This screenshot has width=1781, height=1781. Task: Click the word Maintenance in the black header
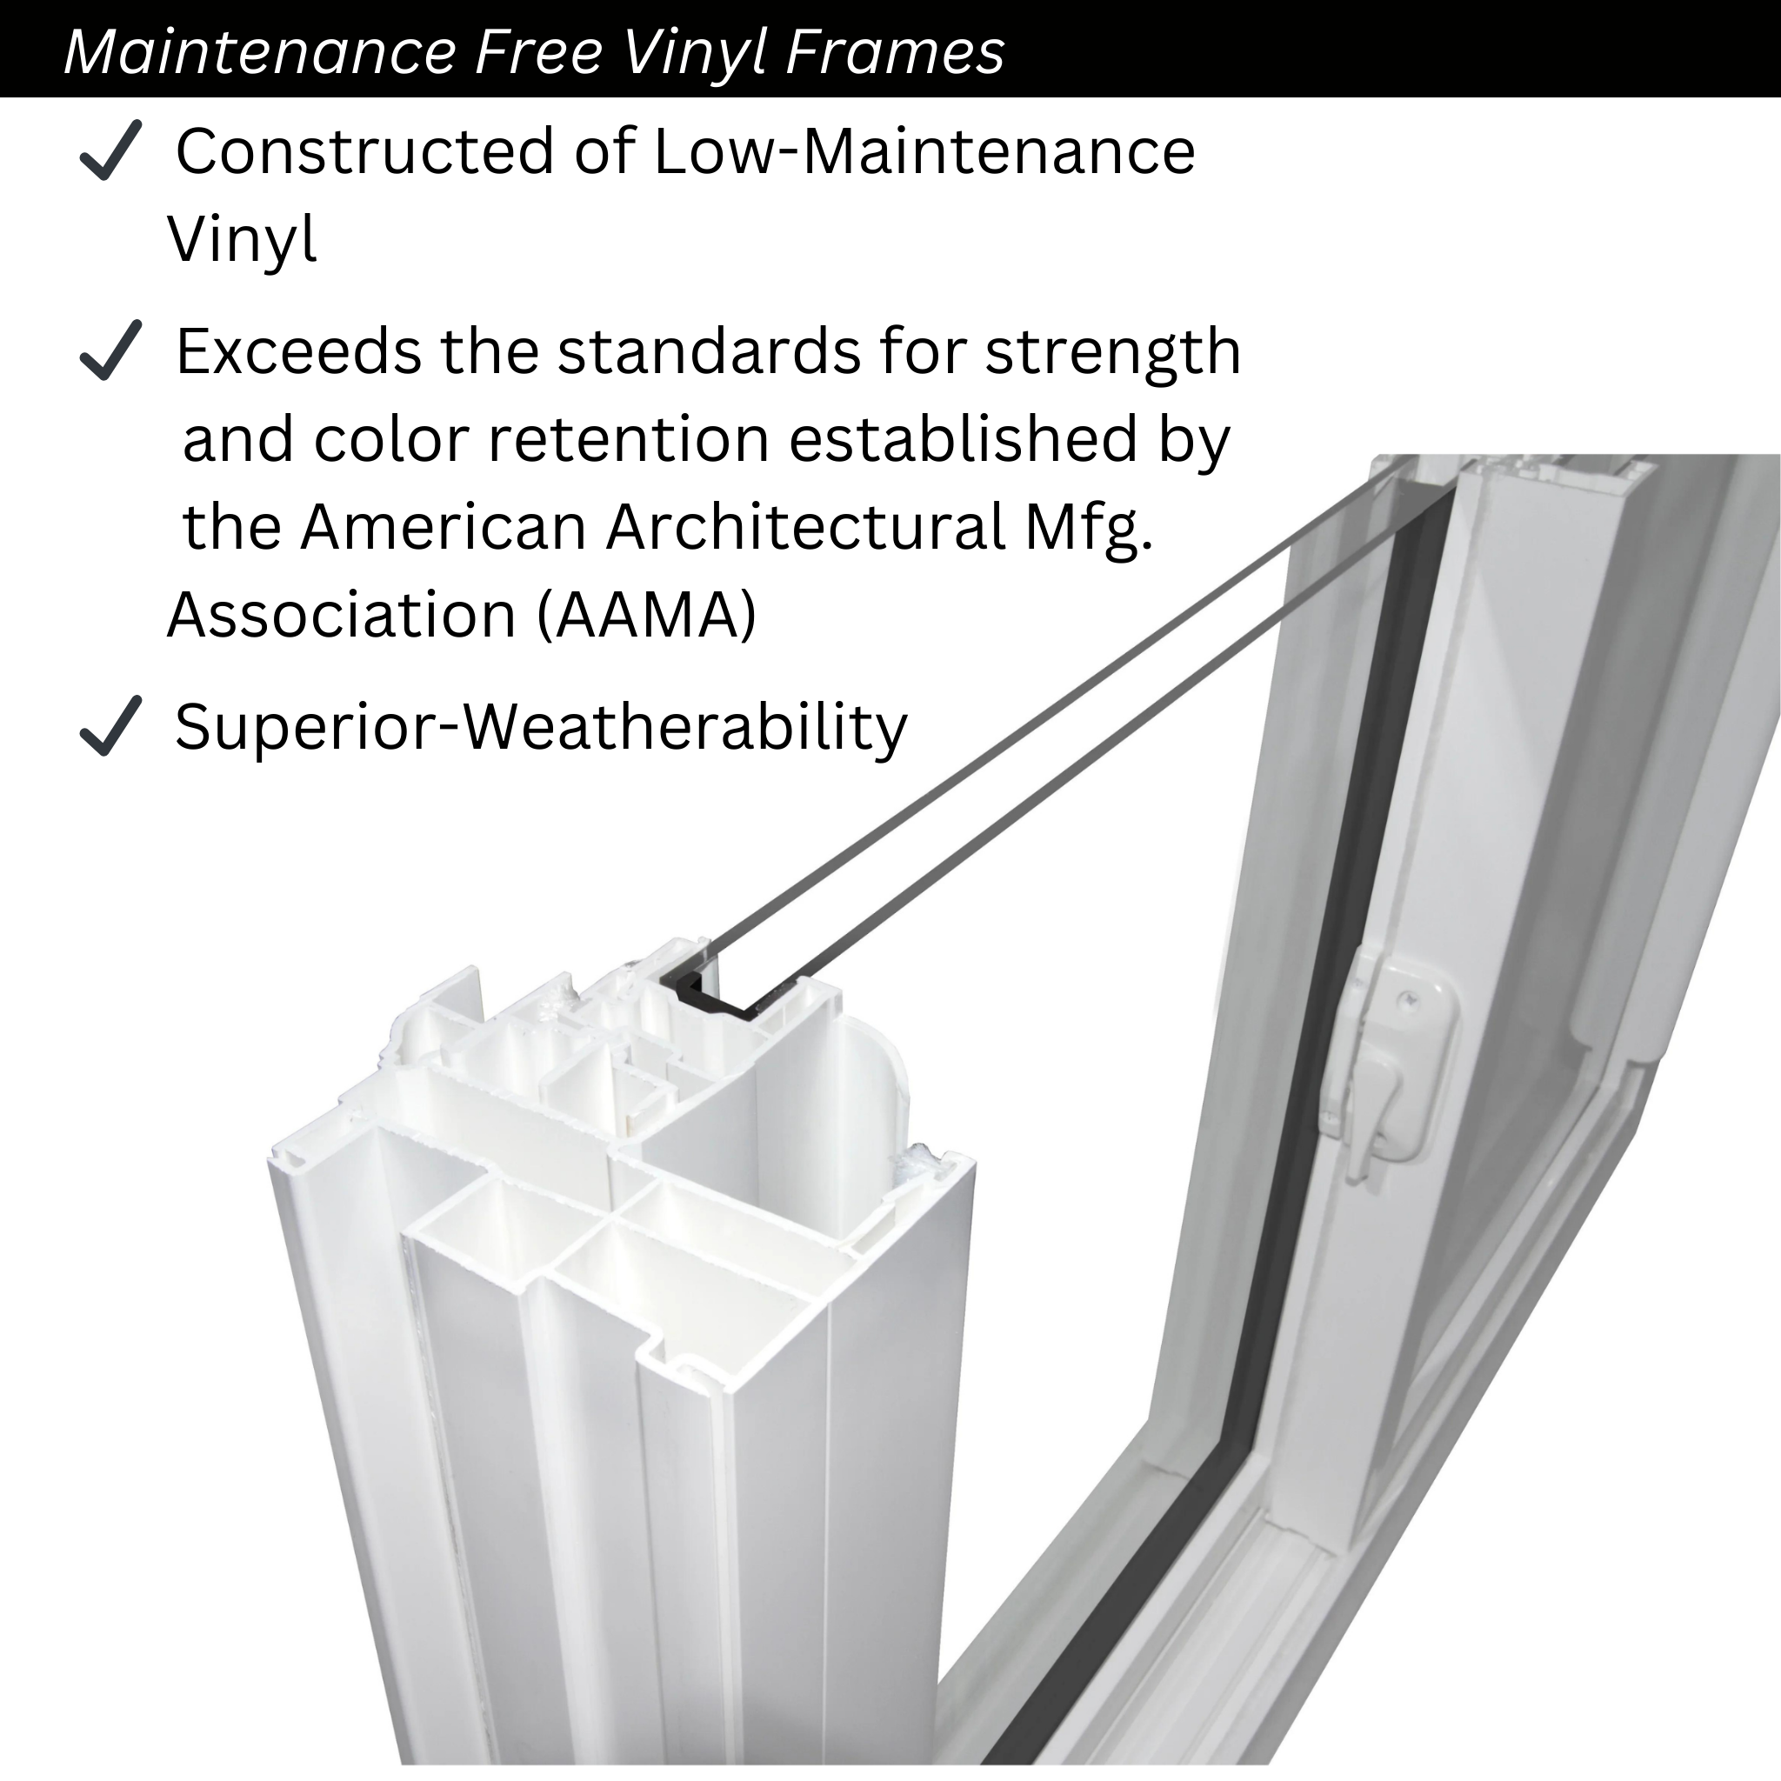[x=260, y=51]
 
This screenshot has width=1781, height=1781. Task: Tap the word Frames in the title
[x=895, y=51]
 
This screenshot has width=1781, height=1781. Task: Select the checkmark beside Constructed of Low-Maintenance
[x=110, y=150]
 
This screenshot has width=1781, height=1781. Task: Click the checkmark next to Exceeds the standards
[x=110, y=350]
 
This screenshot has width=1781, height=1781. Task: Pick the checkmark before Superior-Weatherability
[x=110, y=725]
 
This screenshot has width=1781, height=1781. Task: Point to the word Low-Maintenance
[x=924, y=151]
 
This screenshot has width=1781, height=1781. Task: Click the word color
[x=392, y=439]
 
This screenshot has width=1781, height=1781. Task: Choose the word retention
[x=629, y=439]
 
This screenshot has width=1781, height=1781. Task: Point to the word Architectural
[x=804, y=527]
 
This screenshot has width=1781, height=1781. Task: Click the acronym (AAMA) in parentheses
[x=646, y=615]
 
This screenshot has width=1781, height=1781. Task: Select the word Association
[x=342, y=615]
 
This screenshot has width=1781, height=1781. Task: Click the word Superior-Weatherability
[x=541, y=728]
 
